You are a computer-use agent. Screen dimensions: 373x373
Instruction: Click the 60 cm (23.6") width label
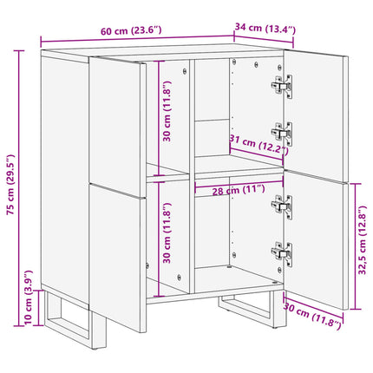point(131,30)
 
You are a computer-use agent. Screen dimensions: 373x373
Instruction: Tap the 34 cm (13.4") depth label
point(265,28)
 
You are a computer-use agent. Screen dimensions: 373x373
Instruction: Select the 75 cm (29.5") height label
point(10,185)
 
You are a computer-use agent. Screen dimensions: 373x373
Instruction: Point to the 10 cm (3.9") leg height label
point(29,298)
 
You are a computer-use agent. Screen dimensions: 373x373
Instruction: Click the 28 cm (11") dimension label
point(239,191)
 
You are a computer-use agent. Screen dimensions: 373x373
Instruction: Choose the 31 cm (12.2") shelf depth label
point(258,143)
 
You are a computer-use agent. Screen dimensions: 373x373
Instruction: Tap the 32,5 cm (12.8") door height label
point(362,240)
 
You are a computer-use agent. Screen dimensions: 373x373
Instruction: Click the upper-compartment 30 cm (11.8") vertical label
point(167,111)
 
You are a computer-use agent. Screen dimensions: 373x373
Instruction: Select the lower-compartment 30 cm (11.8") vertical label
point(167,233)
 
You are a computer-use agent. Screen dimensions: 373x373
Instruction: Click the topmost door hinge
point(282,86)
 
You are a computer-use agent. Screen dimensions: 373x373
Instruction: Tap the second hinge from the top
point(282,134)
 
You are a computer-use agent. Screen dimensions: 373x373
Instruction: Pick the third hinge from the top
point(282,206)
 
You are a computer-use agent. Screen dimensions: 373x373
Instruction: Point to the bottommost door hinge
point(282,254)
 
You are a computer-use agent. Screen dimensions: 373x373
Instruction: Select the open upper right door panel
point(316,116)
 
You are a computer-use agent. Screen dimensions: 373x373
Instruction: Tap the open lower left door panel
point(118,258)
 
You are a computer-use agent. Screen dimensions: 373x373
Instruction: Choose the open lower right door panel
point(316,240)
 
